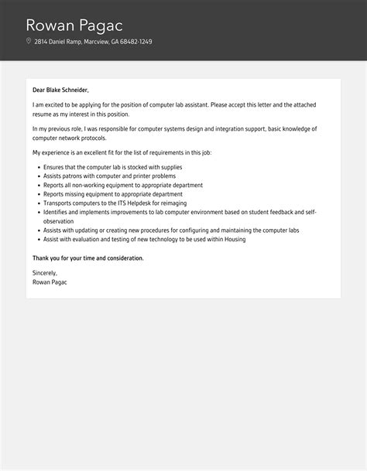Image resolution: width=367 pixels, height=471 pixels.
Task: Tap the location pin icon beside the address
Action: point(29,42)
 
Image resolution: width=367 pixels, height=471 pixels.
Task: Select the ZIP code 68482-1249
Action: point(135,42)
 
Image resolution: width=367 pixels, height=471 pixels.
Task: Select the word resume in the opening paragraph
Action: point(42,114)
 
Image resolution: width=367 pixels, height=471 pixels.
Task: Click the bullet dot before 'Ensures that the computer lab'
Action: point(37,167)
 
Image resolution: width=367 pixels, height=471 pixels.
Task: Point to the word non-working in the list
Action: point(82,186)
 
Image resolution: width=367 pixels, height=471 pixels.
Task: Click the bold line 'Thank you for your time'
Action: point(87,258)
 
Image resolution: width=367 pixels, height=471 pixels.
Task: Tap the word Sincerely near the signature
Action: point(45,273)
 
